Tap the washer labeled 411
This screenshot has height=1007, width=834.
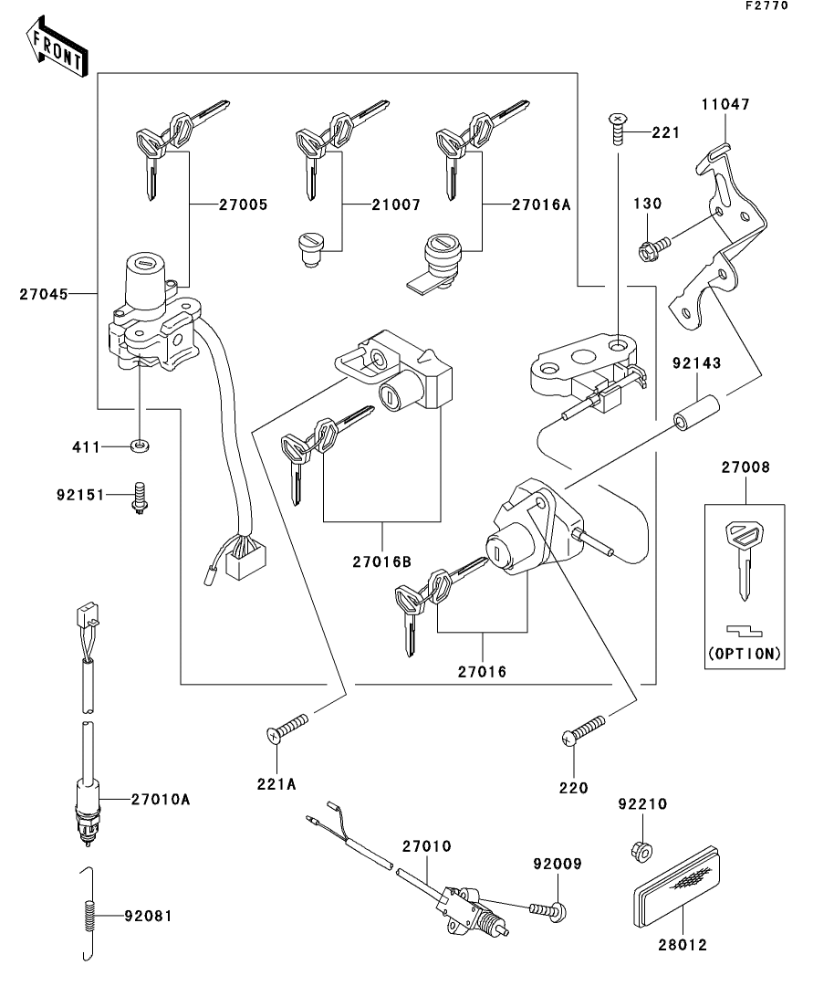(x=139, y=446)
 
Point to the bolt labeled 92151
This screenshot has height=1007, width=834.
(x=140, y=498)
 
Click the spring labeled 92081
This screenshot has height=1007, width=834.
(x=89, y=913)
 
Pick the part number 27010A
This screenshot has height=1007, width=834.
(x=160, y=799)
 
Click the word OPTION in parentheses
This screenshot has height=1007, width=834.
(x=745, y=654)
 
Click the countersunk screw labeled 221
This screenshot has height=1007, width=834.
(x=620, y=126)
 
